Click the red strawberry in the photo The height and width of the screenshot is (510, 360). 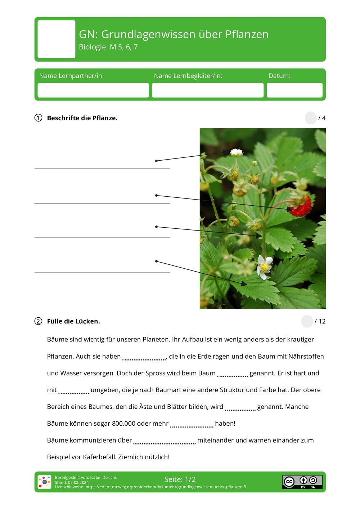(301, 206)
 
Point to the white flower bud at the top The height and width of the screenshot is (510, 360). (236, 152)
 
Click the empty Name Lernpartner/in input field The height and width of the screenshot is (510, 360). (93, 90)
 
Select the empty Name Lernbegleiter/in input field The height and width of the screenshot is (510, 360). (207, 90)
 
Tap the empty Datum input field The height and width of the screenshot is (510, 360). (294, 90)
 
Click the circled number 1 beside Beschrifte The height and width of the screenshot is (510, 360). (38, 118)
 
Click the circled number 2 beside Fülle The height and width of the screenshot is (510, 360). (38, 321)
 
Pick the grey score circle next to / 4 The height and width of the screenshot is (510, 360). (310, 118)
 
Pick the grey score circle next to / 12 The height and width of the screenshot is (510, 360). (307, 321)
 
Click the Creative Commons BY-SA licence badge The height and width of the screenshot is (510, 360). (302, 482)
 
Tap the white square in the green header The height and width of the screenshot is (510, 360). (57, 39)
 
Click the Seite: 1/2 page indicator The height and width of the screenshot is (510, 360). (180, 479)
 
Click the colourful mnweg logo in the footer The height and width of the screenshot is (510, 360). (45, 482)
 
